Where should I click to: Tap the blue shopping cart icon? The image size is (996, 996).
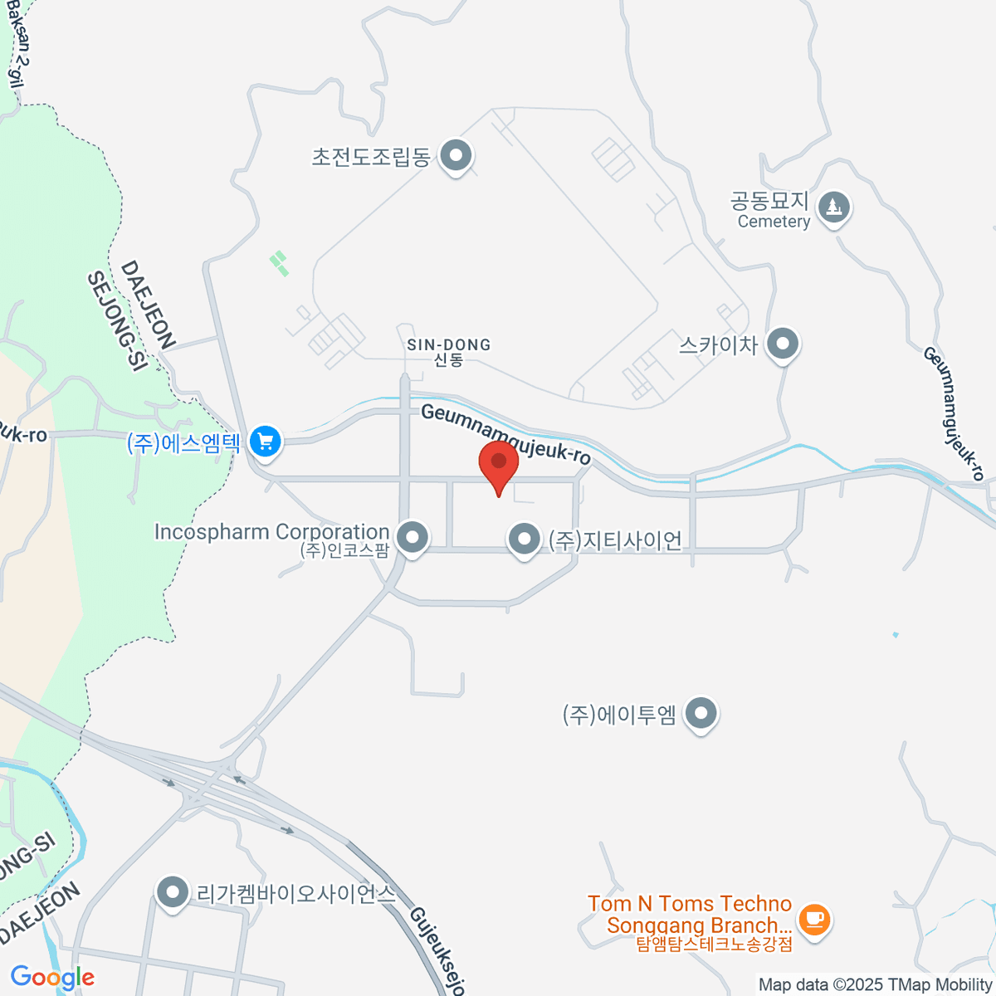tap(266, 441)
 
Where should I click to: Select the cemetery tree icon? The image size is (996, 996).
tap(833, 206)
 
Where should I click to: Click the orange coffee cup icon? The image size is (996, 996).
tap(814, 919)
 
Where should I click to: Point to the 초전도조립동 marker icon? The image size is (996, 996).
tap(455, 155)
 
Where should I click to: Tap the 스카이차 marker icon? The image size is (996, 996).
tap(782, 344)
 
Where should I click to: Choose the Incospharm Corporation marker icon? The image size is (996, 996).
tap(412, 537)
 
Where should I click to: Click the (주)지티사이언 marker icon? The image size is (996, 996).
tap(524, 539)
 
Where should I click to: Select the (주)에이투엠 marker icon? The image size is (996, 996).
tap(702, 713)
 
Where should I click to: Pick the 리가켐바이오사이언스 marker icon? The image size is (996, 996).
tap(173, 893)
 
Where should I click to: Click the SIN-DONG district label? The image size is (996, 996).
tap(448, 344)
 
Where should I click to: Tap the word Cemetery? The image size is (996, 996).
tap(774, 222)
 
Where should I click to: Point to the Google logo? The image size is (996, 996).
tap(52, 977)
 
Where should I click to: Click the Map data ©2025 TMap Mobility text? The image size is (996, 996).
tap(875, 984)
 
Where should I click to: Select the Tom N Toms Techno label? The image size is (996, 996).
tap(689, 904)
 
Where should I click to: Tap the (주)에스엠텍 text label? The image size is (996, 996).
tap(183, 442)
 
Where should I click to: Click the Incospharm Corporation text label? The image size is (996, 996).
tap(271, 531)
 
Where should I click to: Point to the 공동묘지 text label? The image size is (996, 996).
tap(769, 201)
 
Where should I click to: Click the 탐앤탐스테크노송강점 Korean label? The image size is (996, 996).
tap(714, 944)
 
